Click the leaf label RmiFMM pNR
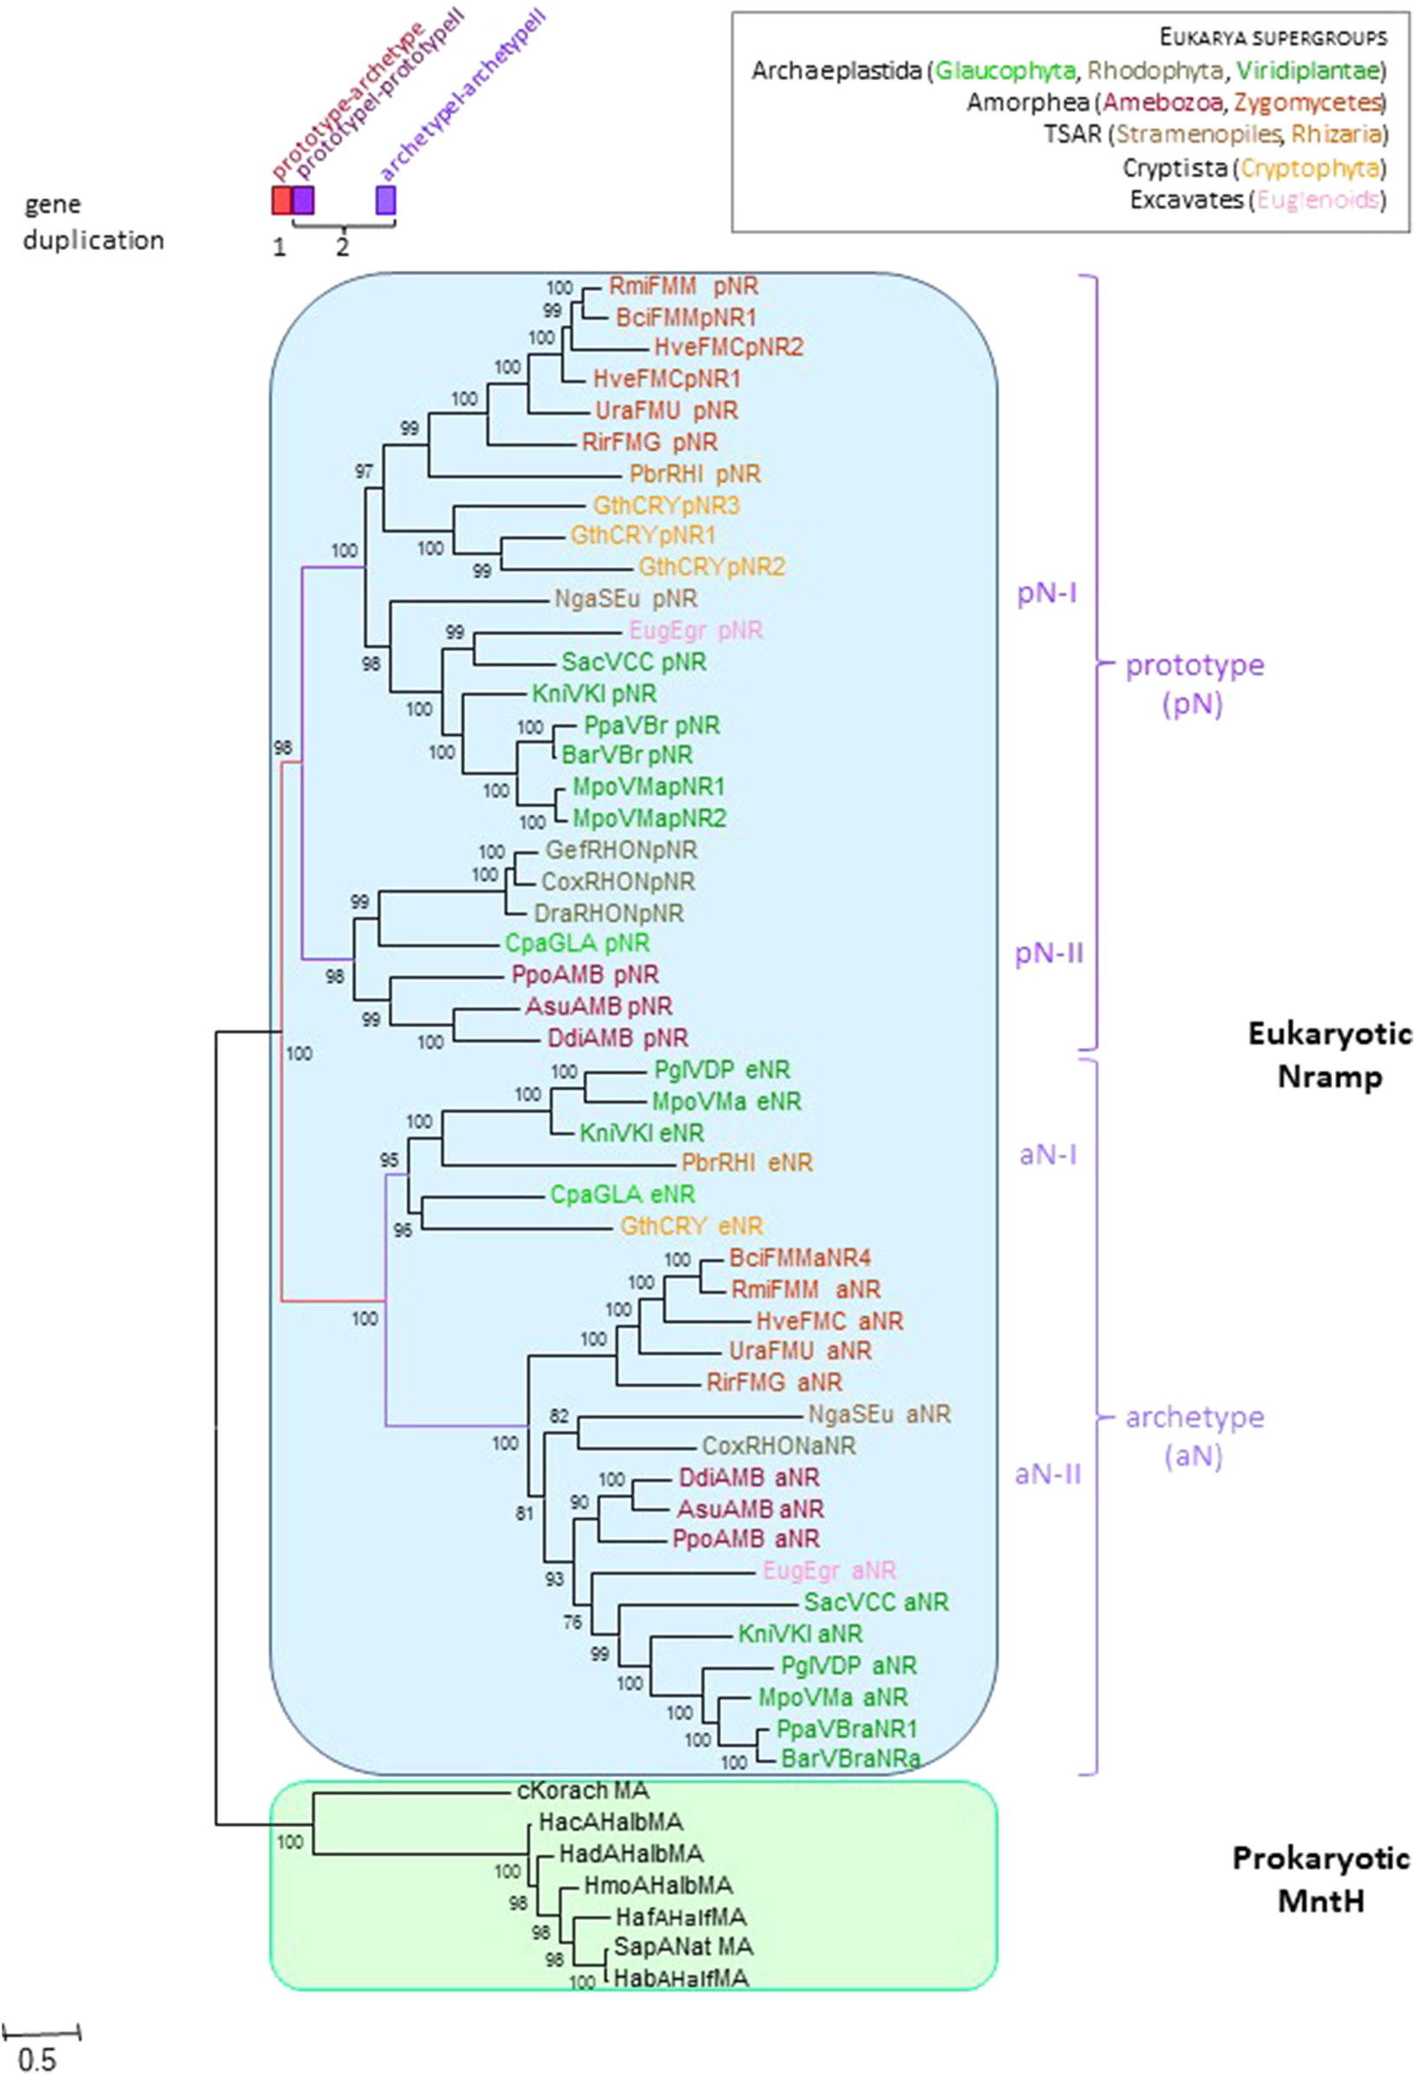tap(683, 287)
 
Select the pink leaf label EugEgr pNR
tap(695, 630)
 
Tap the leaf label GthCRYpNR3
tap(666, 507)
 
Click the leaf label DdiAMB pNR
tap(617, 1038)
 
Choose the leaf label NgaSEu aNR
tap(878, 1414)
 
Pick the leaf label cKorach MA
tap(583, 1790)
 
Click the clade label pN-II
tap(1049, 953)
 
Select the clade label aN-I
tap(1048, 1154)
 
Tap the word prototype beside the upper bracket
tap(1194, 665)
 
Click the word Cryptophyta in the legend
tap(1310, 167)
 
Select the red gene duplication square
tap(281, 200)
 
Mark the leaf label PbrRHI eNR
tap(746, 1162)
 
